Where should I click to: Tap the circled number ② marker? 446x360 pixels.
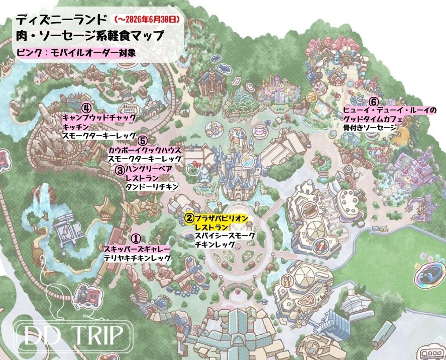(189, 218)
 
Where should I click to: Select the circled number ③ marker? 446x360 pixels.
(120, 170)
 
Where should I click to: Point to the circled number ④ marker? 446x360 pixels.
(86, 108)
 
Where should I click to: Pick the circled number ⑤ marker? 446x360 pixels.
(143, 141)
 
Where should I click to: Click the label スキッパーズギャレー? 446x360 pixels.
(137, 249)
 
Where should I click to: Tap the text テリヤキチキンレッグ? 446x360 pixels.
(137, 258)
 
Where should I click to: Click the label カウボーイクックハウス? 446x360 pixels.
(144, 150)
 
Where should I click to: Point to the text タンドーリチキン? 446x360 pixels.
(152, 187)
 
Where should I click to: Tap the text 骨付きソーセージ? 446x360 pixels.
(369, 128)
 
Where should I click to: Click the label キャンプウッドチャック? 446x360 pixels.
(98, 117)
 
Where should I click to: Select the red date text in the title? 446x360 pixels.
(147, 20)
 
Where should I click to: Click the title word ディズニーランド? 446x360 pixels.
(61, 20)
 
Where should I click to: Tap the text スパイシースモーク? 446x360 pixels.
(225, 235)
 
